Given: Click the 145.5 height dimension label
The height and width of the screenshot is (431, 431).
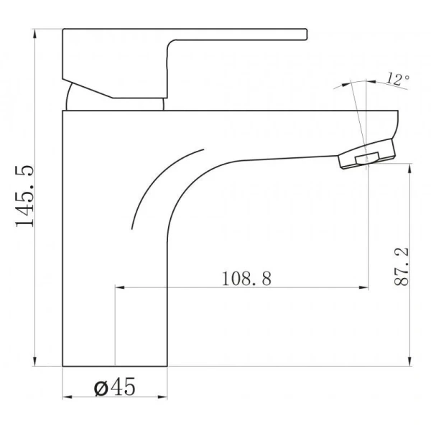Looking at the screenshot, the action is [x=24, y=196].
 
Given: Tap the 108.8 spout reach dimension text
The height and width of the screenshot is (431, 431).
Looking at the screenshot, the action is [x=246, y=279].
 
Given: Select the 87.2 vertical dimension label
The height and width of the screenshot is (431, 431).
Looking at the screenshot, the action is [x=402, y=267].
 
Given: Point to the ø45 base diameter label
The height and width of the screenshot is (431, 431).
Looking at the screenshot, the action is [x=115, y=386].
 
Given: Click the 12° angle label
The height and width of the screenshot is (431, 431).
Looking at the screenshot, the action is [x=398, y=78].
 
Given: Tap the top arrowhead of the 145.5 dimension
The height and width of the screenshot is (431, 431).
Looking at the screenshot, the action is [x=34, y=34].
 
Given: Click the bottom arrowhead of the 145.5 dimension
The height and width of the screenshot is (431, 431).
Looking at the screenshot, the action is [x=34, y=361].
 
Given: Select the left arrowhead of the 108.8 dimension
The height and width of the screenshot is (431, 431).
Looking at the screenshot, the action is [x=120, y=287].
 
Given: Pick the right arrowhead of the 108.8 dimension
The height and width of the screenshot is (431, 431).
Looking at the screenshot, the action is [x=363, y=287].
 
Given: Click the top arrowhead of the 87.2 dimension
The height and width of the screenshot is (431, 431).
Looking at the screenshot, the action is [x=410, y=169].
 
